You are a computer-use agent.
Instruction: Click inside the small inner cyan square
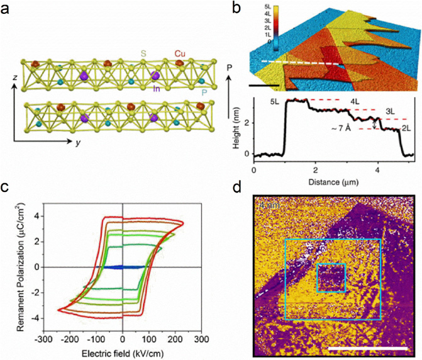click(x=331, y=279)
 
